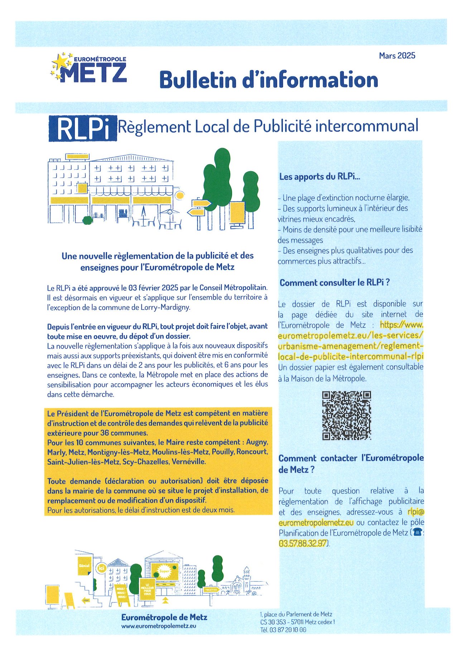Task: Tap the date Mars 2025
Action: tap(397, 55)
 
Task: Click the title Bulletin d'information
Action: tap(269, 79)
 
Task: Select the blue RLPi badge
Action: tap(83, 128)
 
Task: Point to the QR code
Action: tap(346, 415)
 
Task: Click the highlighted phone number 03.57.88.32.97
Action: tap(303, 543)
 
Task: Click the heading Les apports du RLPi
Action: tap(319, 176)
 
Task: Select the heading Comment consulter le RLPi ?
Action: tap(335, 282)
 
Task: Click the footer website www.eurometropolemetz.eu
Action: tap(159, 626)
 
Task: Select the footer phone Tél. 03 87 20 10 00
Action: tap(283, 630)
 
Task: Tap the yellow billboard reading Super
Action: tap(164, 571)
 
